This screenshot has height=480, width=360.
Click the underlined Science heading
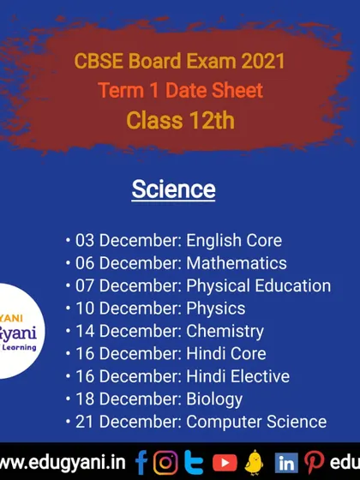click(x=173, y=189)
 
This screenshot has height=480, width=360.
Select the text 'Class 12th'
click(x=180, y=120)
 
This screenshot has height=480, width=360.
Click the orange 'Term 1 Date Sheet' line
click(x=181, y=90)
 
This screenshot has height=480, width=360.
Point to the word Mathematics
click(x=237, y=263)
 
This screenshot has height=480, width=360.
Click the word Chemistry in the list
click(x=225, y=332)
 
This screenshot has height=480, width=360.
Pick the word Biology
click(x=214, y=399)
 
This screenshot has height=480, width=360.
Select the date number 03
click(x=85, y=240)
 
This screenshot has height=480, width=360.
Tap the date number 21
click(x=85, y=422)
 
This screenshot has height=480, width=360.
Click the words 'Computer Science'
click(x=256, y=422)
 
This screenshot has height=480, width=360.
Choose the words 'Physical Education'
click(x=259, y=286)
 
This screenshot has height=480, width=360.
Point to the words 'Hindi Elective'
click(x=238, y=376)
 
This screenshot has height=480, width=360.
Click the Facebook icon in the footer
click(x=141, y=462)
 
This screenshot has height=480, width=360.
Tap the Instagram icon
click(x=165, y=463)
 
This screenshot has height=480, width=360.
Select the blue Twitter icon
click(x=194, y=463)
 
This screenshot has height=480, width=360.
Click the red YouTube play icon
click(x=225, y=463)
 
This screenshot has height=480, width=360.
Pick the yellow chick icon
click(x=254, y=462)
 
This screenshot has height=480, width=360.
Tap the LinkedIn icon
click(x=286, y=463)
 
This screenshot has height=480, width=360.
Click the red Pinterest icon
click(x=314, y=463)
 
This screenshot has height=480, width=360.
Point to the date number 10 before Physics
click(x=85, y=309)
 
